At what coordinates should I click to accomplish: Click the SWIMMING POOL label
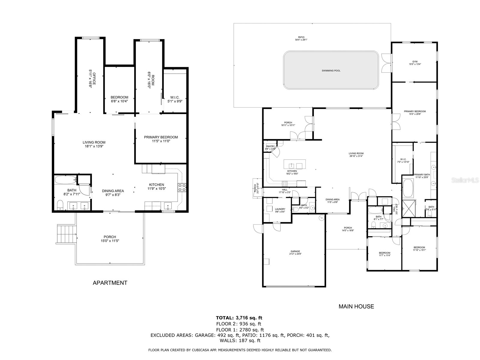click(x=331, y=71)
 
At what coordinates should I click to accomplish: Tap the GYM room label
click(x=415, y=63)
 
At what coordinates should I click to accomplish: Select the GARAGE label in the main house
click(x=295, y=253)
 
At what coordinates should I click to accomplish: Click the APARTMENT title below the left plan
click(x=110, y=283)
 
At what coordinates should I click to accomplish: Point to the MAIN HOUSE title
click(x=356, y=306)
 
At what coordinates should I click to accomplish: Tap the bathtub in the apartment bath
click(x=65, y=180)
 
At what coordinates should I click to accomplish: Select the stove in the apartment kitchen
click(x=182, y=187)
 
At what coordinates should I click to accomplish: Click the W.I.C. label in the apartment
click(x=175, y=99)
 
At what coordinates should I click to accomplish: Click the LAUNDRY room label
click(x=280, y=210)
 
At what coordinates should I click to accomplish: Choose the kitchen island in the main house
click(x=295, y=164)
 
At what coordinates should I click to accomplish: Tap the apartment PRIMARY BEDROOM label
click(x=161, y=139)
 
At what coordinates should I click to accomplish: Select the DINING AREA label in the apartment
click(x=113, y=193)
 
